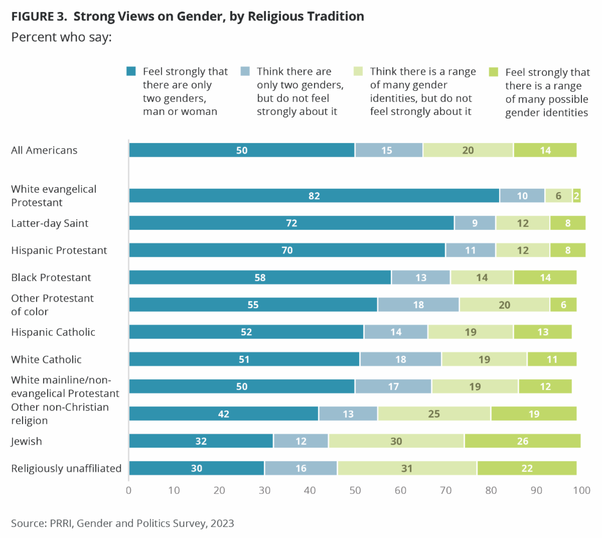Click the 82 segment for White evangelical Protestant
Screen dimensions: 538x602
(314, 196)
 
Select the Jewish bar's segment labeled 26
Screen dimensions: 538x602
(522, 441)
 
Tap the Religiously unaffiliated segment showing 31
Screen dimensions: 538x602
(407, 468)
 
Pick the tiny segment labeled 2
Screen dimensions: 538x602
(576, 196)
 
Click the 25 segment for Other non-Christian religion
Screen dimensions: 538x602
(434, 414)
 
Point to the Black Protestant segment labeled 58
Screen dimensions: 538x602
(260, 278)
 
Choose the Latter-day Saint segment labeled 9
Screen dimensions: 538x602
(475, 223)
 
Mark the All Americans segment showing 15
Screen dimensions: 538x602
(387, 150)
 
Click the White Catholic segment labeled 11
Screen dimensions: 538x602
(552, 359)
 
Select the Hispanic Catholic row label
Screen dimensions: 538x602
(53, 332)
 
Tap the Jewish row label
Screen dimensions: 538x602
(27, 441)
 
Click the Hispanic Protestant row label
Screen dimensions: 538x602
(59, 250)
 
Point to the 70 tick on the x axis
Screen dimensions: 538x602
(445, 490)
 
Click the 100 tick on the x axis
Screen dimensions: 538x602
(581, 490)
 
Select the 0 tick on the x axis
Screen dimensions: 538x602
(129, 490)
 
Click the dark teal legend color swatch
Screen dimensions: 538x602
(131, 71)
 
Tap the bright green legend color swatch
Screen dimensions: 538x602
(494, 72)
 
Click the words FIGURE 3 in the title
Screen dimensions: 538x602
(39, 17)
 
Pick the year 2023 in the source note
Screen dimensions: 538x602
(222, 523)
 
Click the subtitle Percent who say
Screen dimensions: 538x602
(61, 37)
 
